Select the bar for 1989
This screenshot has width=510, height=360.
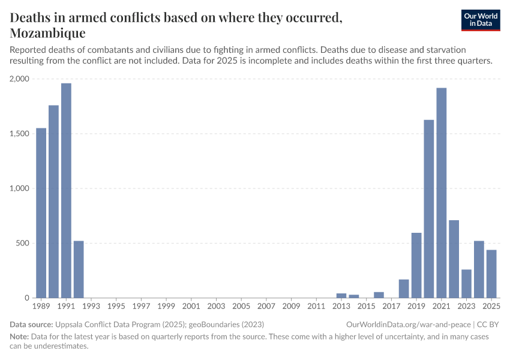tap(41, 213)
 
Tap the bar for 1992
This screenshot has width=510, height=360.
tap(79, 269)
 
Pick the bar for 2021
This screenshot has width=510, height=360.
tap(441, 193)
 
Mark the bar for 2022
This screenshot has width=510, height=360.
tap(454, 259)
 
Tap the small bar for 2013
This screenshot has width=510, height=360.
tap(341, 295)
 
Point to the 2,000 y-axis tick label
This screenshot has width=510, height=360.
tap(19, 79)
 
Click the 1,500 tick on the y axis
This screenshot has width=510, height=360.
tap(19, 134)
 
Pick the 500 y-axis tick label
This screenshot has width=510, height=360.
tap(23, 243)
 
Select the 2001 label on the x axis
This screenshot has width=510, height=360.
tap(191, 307)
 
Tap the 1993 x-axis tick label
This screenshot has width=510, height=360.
tap(91, 307)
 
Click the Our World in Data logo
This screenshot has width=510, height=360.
tap(480, 20)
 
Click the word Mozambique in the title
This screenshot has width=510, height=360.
tap(47, 32)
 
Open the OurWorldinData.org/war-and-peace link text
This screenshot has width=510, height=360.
tap(408, 324)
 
